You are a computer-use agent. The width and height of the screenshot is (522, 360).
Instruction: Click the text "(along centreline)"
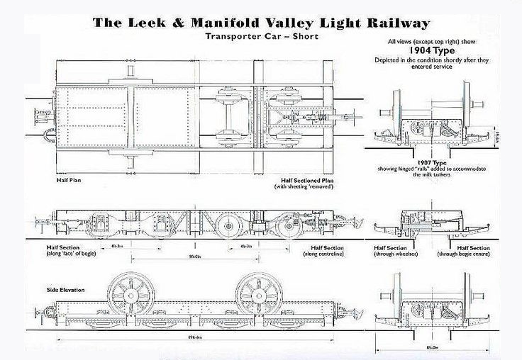pyautogui.click(x=323, y=253)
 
